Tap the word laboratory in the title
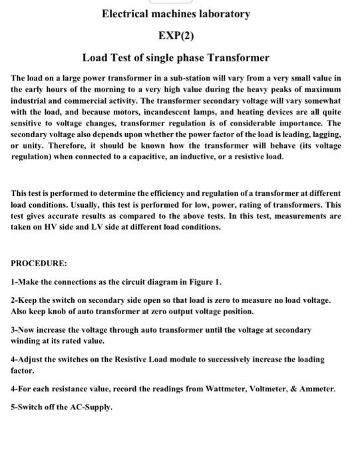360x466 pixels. (x=226, y=13)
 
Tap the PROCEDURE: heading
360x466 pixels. (x=39, y=263)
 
